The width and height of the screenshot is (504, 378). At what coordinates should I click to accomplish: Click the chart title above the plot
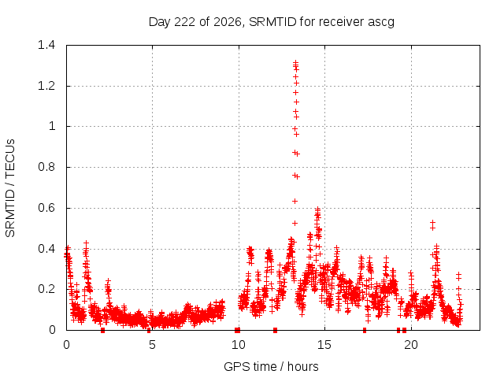[x=272, y=22]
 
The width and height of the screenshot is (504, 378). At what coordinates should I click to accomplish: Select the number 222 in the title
[x=185, y=22]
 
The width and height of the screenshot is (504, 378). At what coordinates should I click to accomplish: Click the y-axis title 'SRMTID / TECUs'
[x=10, y=188]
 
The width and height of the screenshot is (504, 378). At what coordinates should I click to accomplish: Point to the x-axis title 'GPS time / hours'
[x=271, y=366]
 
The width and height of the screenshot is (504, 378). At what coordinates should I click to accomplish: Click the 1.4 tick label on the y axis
[x=46, y=45]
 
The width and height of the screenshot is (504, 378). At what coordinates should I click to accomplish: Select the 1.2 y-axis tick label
[x=46, y=86]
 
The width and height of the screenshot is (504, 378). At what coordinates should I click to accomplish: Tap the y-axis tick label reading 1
[x=52, y=126]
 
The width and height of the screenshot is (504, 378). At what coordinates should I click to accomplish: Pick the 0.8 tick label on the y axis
[x=46, y=167]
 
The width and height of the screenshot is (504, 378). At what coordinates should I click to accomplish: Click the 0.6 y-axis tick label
[x=46, y=208]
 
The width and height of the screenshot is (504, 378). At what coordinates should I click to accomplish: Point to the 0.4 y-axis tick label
[x=46, y=249]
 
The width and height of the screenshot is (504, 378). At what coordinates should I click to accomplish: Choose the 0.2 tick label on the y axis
[x=46, y=289]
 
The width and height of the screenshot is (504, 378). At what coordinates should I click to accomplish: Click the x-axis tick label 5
[x=152, y=345]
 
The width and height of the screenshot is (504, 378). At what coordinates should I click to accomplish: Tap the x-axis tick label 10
[x=238, y=345]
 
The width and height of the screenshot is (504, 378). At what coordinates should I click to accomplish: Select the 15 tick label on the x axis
[x=324, y=345]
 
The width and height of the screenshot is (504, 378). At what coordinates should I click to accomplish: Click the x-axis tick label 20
[x=411, y=345]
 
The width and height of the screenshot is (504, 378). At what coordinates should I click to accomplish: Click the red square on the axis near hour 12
[x=275, y=330]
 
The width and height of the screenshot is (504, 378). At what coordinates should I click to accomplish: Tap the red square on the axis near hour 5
[x=149, y=331]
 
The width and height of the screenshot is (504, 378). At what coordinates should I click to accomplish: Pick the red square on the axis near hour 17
[x=365, y=330]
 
